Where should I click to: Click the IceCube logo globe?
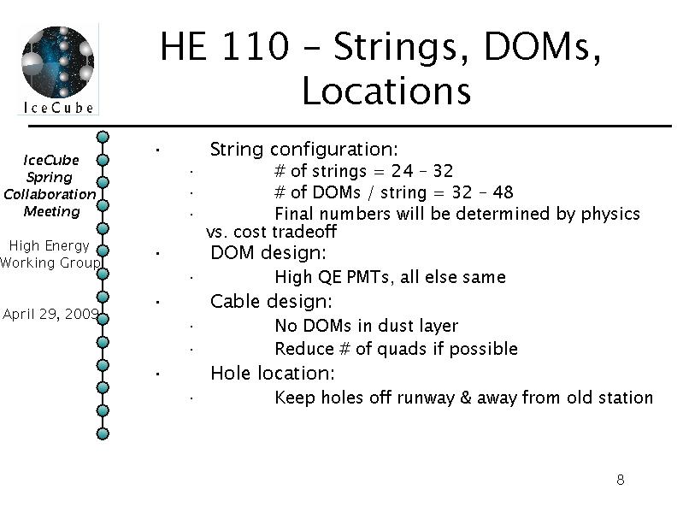[x=57, y=62]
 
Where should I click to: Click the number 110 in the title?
[x=256, y=46]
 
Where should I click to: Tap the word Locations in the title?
[x=386, y=91]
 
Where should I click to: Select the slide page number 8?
[x=621, y=480]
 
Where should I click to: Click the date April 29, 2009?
[x=51, y=314]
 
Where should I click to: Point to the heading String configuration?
[x=304, y=150]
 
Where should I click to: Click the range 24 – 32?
[x=422, y=171]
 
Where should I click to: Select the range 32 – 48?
[x=482, y=192]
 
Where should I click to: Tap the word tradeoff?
[x=307, y=232]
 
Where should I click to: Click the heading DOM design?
[x=268, y=253]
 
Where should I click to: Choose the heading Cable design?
[x=271, y=301]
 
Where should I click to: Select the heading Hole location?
[x=272, y=373]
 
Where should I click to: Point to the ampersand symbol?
[x=466, y=398]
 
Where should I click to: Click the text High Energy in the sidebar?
[x=50, y=246]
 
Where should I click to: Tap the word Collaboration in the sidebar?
[x=50, y=194]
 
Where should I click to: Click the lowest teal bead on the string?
[x=103, y=433]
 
